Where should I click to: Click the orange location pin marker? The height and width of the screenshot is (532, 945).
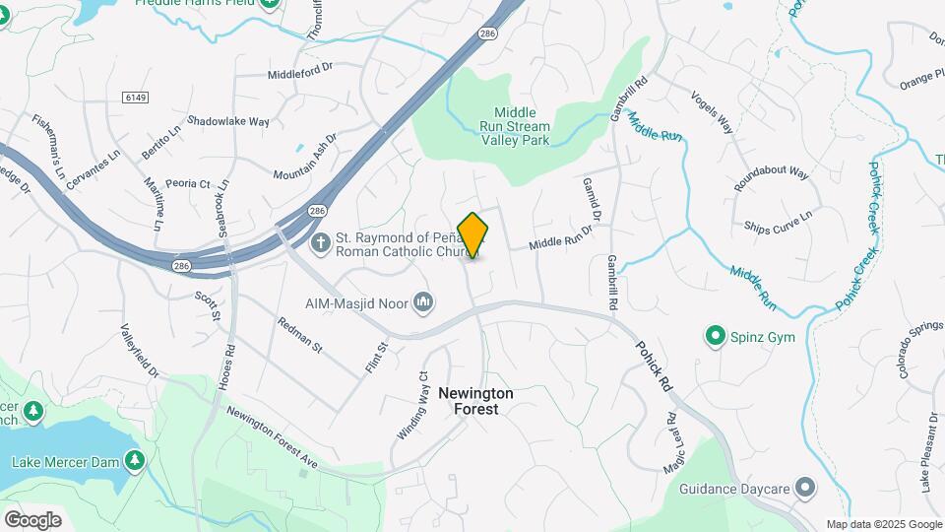point(473,234)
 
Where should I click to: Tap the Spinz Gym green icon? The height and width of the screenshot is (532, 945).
point(716,337)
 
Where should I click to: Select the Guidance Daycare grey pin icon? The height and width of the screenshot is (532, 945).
point(806,488)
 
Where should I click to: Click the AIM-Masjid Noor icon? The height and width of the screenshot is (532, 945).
point(424,299)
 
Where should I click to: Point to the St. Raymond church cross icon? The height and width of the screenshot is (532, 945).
point(320,242)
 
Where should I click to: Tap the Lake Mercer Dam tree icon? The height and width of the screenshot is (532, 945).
point(134,460)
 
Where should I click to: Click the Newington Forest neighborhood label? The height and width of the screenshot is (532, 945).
point(475,400)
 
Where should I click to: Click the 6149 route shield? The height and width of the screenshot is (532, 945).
point(136,97)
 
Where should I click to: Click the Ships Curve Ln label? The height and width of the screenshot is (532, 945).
point(779,222)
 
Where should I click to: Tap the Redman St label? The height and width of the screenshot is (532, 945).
point(300,335)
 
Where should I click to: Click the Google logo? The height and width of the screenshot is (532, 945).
point(32,520)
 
